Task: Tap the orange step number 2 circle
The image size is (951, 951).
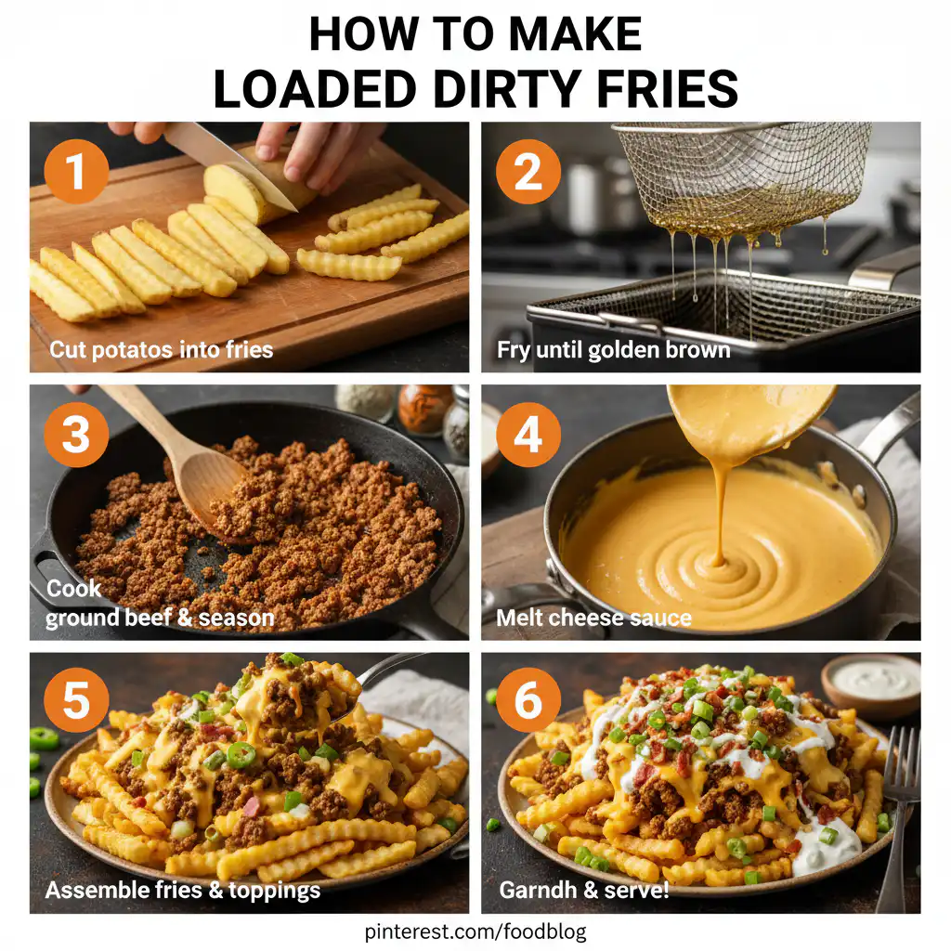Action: coord(528,173)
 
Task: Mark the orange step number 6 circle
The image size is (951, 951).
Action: coord(528,702)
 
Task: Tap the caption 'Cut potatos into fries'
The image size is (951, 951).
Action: coord(161,350)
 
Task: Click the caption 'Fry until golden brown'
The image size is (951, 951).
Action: coord(613,350)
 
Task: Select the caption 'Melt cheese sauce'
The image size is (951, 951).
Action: coord(594,618)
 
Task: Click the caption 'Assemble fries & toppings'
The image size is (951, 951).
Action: coord(183,890)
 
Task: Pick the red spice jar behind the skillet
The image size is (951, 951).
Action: coord(424,409)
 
